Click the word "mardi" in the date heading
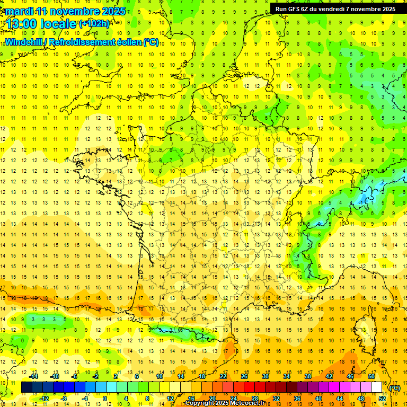19,11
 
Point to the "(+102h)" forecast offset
94,23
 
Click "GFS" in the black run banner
298,8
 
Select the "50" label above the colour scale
371,376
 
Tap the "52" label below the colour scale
382,399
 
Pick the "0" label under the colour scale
105,399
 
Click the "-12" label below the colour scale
44,399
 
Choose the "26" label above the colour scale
244,376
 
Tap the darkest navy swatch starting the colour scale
26,387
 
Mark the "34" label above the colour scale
287,376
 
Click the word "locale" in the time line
59,24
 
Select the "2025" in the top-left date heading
114,11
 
